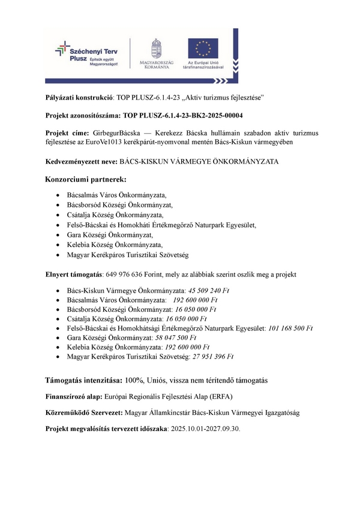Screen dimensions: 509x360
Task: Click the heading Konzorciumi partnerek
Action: coord(86,179)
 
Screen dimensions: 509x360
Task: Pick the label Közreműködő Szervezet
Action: coord(84,414)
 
